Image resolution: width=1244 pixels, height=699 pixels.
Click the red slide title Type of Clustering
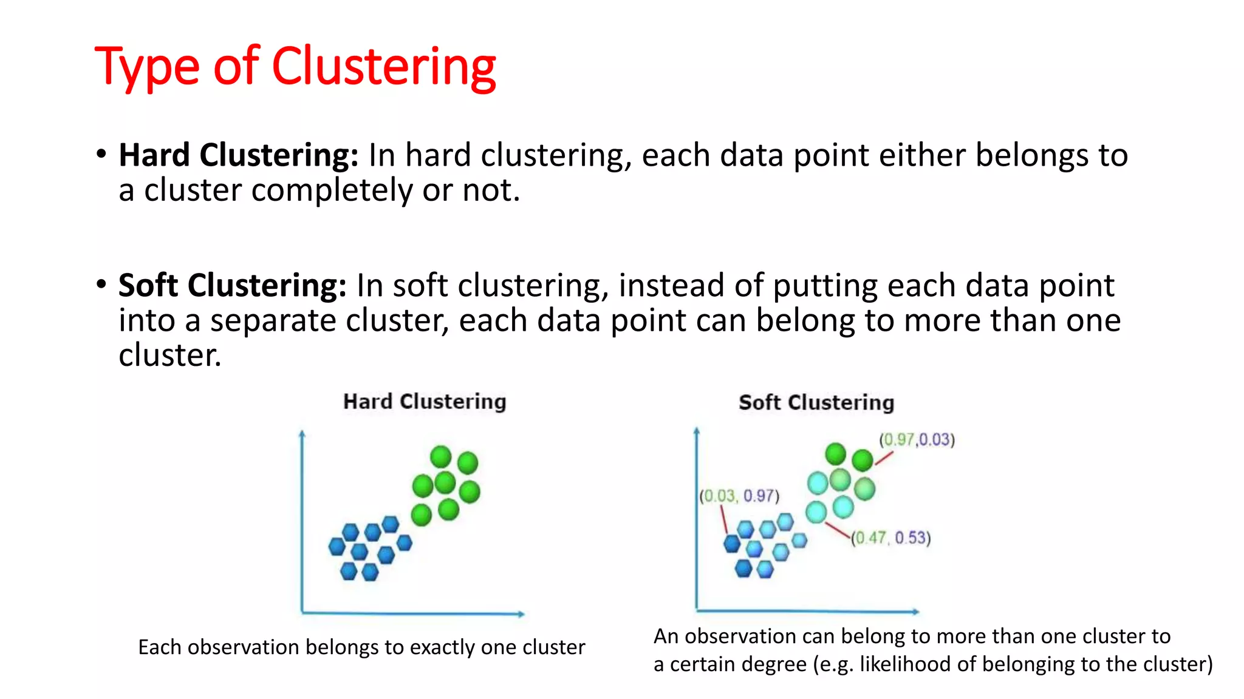tap(295, 67)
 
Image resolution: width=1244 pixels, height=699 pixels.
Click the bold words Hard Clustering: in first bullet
tap(239, 155)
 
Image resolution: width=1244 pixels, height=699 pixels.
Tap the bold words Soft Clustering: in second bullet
tap(232, 286)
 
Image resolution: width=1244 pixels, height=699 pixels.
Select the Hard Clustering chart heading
tap(424, 402)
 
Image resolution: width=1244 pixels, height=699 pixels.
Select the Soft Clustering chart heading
tap(816, 403)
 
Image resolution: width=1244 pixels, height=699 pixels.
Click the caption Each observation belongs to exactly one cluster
tap(361, 647)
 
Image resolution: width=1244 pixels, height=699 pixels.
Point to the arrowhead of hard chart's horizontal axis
tap(521, 614)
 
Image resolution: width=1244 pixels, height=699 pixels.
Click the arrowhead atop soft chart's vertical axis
tap(697, 431)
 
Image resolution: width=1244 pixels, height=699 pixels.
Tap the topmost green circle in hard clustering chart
tap(441, 456)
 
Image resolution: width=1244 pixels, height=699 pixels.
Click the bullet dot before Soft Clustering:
tap(101, 284)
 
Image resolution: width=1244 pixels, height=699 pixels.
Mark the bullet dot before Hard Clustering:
tap(101, 154)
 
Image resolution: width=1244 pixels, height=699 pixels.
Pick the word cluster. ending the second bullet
tap(169, 356)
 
